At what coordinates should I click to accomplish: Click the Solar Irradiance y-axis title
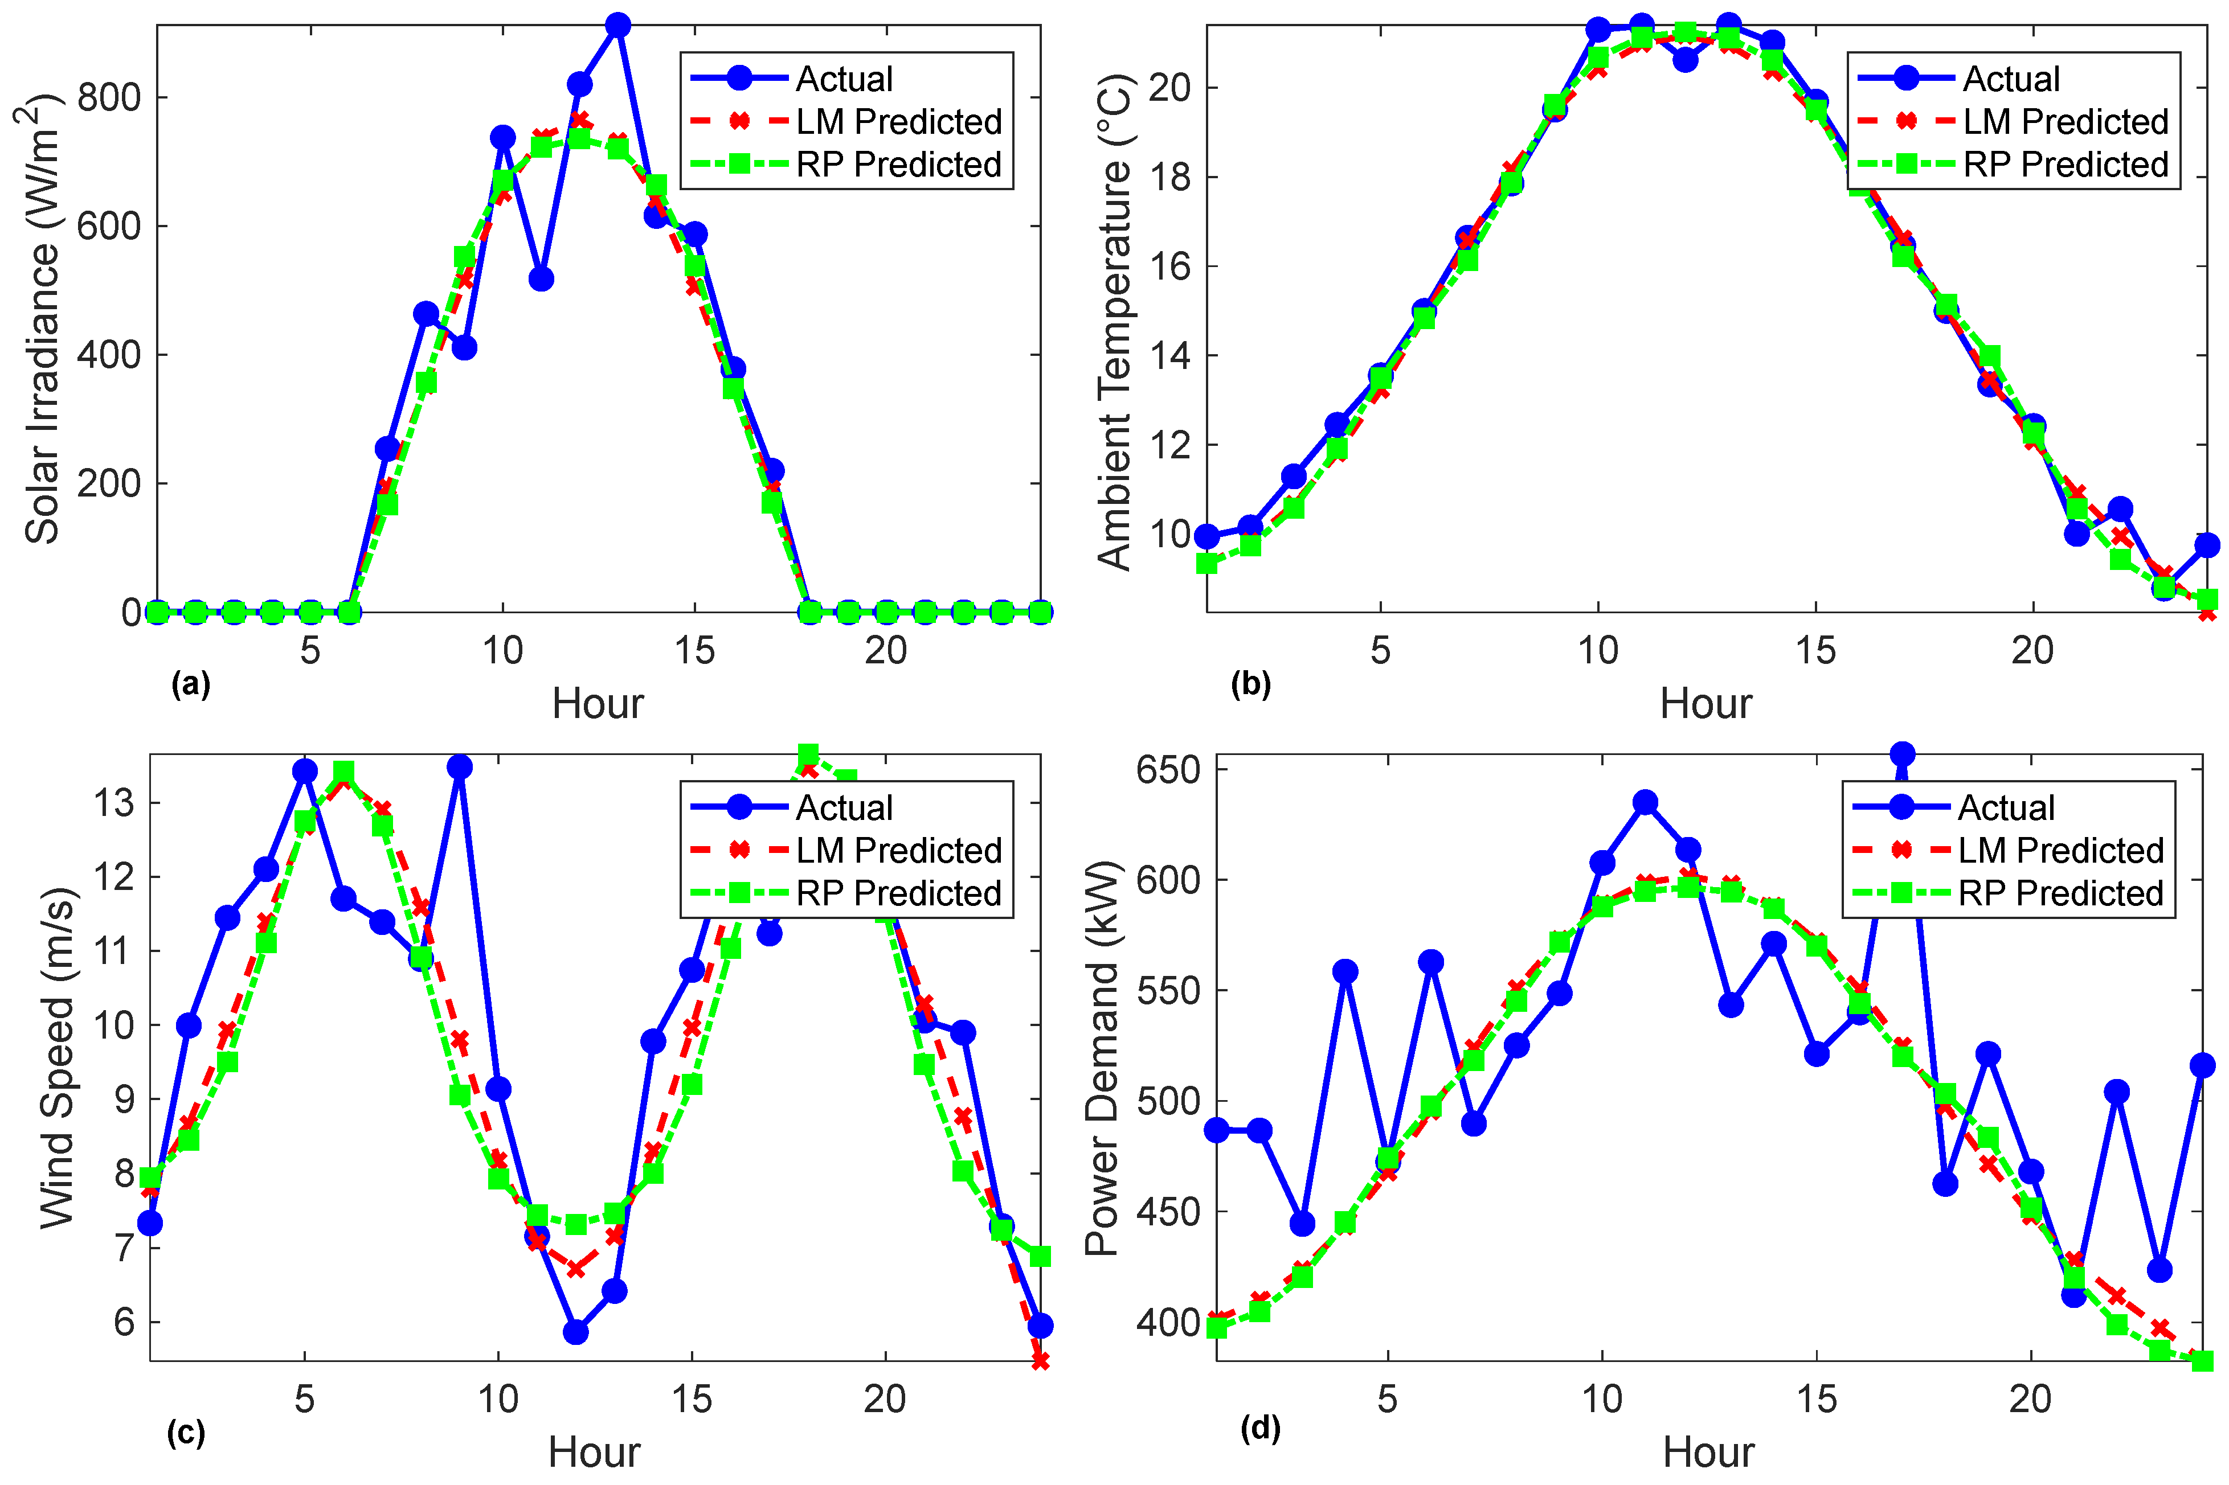click(x=40, y=322)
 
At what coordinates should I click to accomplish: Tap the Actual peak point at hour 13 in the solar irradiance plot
click(x=617, y=26)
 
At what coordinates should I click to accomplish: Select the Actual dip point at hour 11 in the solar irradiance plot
click(x=541, y=280)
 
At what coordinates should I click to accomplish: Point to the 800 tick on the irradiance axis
click(x=108, y=97)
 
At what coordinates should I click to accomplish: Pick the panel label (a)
click(x=190, y=684)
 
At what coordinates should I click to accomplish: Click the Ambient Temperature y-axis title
click(x=1114, y=322)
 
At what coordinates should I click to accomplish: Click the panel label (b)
click(x=1250, y=684)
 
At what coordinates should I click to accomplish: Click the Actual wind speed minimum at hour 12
click(x=575, y=1332)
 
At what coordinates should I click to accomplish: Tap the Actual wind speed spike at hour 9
click(x=460, y=766)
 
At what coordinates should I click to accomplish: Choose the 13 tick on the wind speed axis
click(x=114, y=803)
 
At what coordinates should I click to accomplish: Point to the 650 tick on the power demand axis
click(x=1168, y=769)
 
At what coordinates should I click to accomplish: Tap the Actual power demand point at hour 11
click(x=1646, y=802)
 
